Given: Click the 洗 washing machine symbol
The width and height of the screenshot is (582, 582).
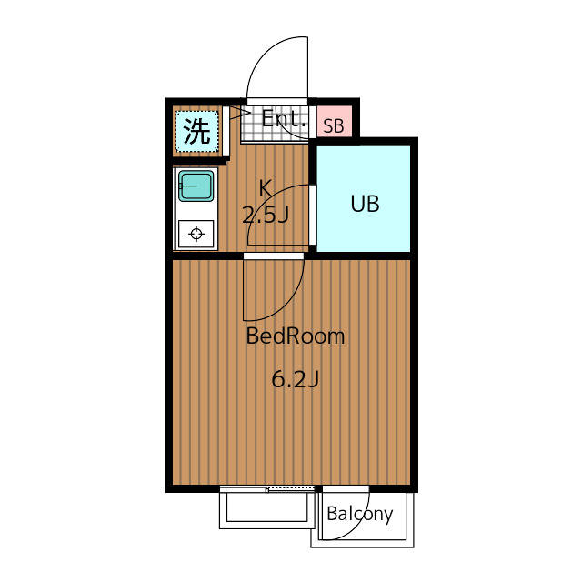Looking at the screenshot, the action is [196, 131].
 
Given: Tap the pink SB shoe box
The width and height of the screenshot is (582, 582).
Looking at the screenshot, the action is [334, 121].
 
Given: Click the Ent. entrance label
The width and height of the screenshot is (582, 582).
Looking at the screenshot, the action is [285, 119].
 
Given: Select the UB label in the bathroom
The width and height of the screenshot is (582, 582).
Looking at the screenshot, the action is [366, 204].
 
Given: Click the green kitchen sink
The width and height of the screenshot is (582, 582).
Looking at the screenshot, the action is [196, 186].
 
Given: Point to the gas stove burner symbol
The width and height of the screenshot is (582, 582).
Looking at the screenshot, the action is [196, 235].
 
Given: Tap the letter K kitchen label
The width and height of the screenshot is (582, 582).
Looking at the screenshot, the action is [266, 188].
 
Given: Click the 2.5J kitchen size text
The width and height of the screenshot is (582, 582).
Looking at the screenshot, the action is [266, 215].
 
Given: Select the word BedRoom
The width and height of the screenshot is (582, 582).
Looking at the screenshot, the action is [296, 336].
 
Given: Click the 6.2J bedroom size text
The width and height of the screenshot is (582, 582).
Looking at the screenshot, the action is [296, 379].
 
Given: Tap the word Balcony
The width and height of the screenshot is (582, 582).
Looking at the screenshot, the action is [360, 514].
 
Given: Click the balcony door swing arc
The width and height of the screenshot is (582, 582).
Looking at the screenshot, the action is [357, 527].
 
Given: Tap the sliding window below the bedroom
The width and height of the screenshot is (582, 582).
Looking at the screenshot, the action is [267, 489].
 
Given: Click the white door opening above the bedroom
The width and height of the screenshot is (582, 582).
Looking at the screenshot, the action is [274, 256].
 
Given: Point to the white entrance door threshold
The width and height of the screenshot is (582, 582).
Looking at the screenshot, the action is [277, 102].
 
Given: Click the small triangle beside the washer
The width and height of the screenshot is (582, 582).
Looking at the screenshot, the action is [235, 113].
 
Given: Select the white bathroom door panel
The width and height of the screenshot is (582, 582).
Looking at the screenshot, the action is [313, 215].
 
